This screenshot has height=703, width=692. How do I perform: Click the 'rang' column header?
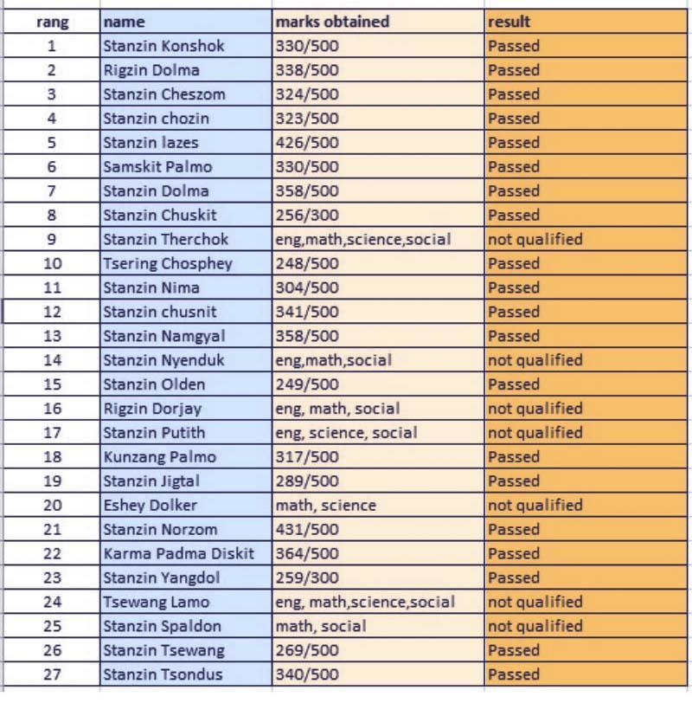52,22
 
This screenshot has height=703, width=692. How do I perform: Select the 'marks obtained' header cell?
332,22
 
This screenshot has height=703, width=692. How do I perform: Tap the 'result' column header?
509,22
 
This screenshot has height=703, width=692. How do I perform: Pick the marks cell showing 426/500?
307,143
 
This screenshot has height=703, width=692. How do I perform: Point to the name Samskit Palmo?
157,167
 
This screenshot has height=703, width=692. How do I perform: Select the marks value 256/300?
307,216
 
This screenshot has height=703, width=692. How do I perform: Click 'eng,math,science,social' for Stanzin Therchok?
363,240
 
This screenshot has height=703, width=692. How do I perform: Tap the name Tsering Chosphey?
167,264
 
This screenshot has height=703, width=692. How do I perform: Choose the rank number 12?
52,312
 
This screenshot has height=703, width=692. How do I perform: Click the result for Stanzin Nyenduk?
535,360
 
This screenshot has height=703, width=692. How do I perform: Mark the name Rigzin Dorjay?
152,409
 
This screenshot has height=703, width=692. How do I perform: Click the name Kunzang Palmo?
159,457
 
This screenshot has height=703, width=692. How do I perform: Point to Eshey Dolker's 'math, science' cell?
325,506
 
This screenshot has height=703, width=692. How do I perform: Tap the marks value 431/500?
307,530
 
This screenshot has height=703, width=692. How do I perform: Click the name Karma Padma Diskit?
178,554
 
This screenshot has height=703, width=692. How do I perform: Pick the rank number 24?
52,602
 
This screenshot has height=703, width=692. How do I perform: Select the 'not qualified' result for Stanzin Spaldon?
535,626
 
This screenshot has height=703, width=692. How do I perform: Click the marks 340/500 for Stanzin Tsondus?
307,674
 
